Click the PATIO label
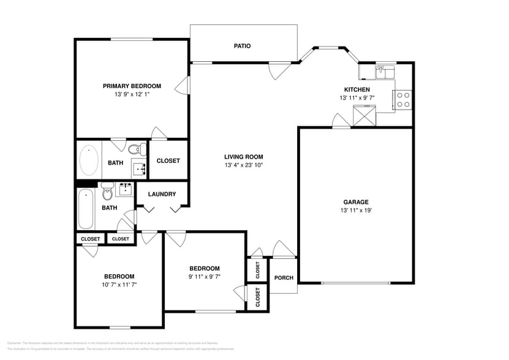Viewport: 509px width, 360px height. [x=243, y=46]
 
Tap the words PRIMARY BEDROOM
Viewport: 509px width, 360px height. [x=132, y=86]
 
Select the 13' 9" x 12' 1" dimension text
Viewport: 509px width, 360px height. [x=132, y=95]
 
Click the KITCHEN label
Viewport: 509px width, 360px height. [x=356, y=89]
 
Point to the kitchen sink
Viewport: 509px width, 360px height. [x=386, y=71]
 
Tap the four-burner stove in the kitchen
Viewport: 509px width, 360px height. [x=403, y=99]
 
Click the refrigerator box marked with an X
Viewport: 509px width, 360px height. [x=363, y=116]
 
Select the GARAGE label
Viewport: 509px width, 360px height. [x=355, y=202]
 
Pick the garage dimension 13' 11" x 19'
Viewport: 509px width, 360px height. [x=355, y=211]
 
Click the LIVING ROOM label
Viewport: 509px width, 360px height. [x=243, y=157]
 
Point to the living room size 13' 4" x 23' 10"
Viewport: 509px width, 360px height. [x=243, y=165]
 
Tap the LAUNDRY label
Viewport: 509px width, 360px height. [x=162, y=194]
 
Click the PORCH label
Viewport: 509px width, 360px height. [x=283, y=278]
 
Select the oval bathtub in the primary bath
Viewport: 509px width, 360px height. [x=89, y=160]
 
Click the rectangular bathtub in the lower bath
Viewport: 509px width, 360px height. [x=85, y=209]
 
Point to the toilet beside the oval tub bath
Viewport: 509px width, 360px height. [x=136, y=148]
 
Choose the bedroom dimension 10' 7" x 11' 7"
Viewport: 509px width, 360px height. [x=119, y=285]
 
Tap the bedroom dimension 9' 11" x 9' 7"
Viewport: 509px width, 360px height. [x=204, y=277]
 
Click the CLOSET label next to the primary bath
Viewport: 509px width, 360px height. [x=168, y=161]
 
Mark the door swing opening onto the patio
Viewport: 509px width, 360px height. [x=279, y=70]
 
